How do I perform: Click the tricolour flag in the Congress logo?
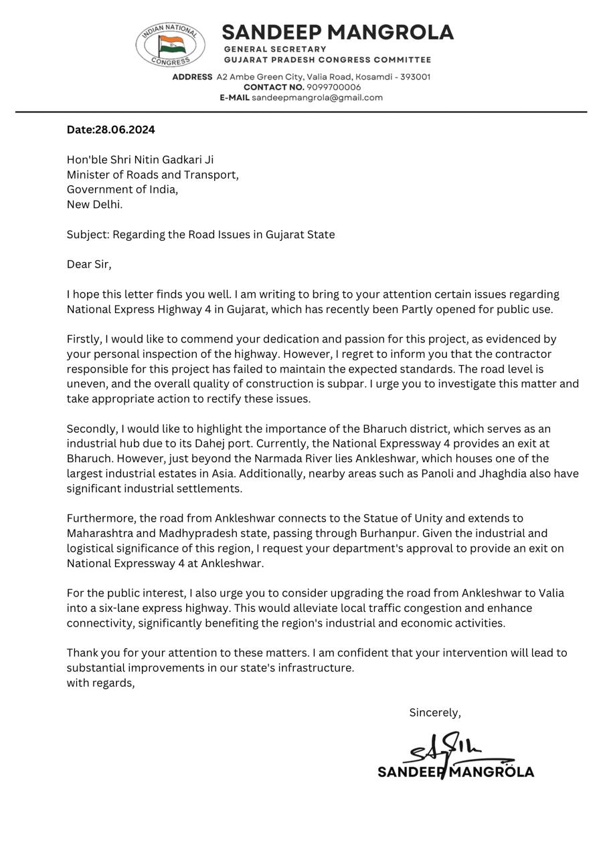click(x=171, y=45)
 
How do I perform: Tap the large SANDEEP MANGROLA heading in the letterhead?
click(x=337, y=32)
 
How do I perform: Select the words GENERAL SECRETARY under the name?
click(x=274, y=49)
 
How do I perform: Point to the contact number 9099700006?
click(x=333, y=87)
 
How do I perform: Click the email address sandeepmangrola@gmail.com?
click(x=317, y=98)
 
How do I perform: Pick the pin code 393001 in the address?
click(x=415, y=77)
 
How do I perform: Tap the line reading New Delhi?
click(x=94, y=205)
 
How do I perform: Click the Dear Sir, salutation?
click(x=89, y=264)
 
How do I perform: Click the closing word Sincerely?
click(x=435, y=713)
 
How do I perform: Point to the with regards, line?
click(x=100, y=683)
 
